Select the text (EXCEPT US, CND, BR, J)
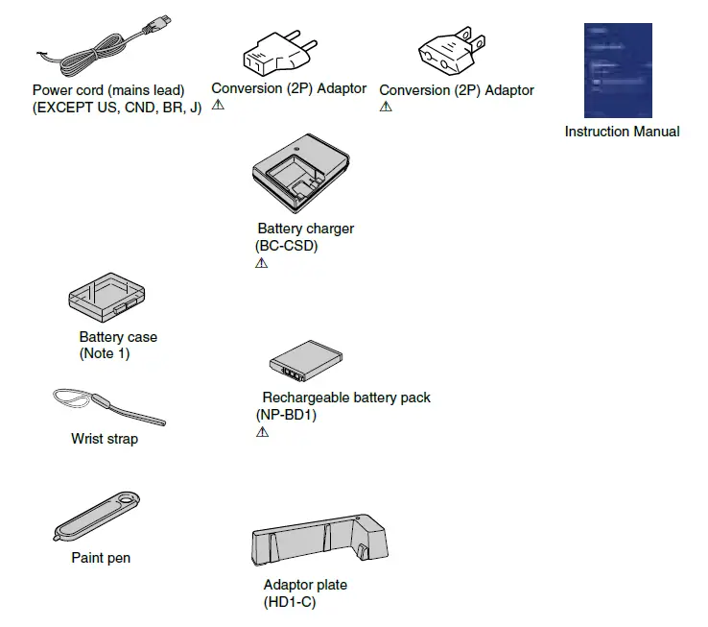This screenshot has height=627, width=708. point(116,108)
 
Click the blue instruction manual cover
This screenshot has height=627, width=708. point(618,70)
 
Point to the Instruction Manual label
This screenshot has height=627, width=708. point(622,132)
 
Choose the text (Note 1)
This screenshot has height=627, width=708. point(104,354)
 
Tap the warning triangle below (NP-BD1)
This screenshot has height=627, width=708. point(262,433)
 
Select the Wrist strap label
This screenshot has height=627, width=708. point(104,440)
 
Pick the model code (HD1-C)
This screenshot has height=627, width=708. point(289,603)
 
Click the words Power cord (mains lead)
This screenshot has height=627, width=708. point(108,91)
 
